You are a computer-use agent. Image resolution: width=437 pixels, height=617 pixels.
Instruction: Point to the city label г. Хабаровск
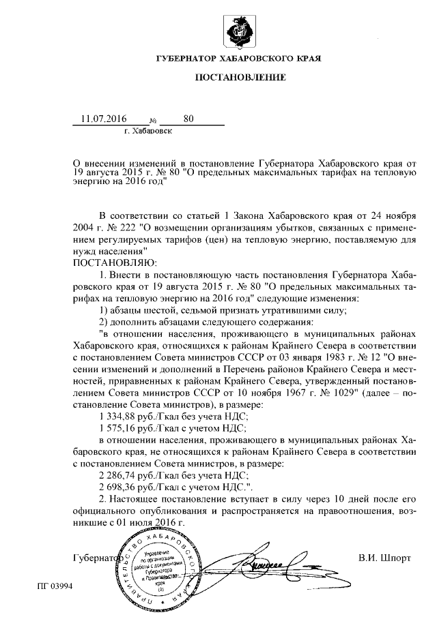click(148, 130)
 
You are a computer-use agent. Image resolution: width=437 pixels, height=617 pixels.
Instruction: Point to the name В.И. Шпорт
click(384, 558)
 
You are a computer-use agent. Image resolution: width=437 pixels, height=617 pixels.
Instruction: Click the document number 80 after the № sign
click(188, 119)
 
